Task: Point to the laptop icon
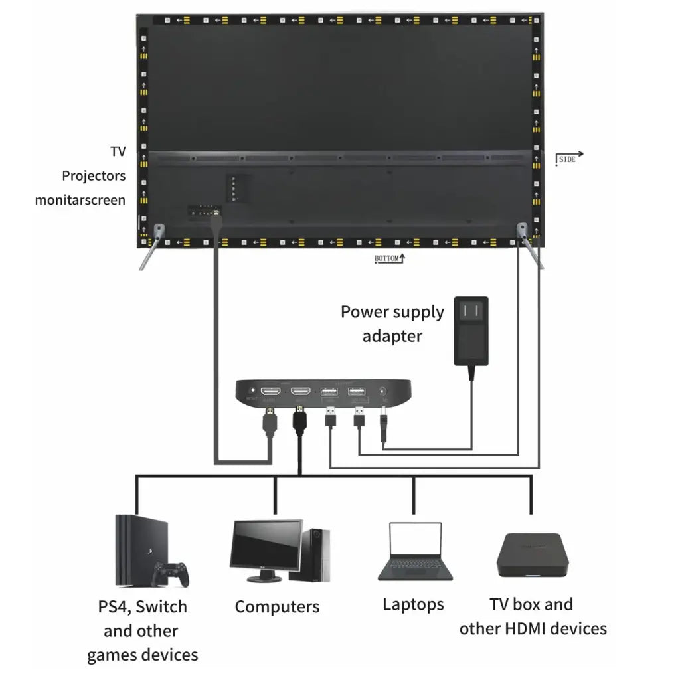click(x=416, y=551)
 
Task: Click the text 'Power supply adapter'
click(x=392, y=323)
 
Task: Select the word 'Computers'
click(x=277, y=606)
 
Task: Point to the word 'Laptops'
click(x=413, y=604)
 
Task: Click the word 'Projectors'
click(x=94, y=176)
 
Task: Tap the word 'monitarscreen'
click(x=80, y=199)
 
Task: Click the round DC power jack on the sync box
click(x=382, y=392)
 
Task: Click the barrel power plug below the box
click(x=383, y=428)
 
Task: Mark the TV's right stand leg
click(x=531, y=247)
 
